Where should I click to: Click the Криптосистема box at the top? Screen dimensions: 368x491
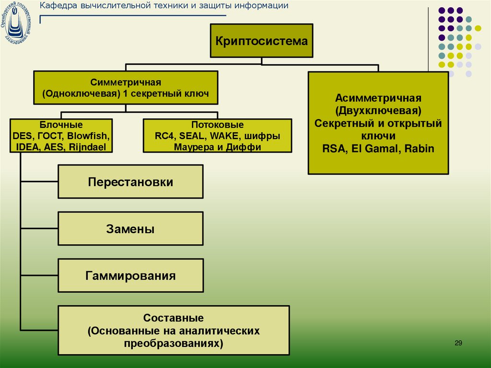(x=261, y=41)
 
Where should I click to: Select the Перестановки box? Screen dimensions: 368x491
(x=130, y=182)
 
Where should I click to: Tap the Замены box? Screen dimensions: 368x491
(x=130, y=229)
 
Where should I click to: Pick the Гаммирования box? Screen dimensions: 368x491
(x=130, y=276)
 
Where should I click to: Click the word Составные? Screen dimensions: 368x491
(x=174, y=318)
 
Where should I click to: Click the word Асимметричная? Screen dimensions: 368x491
(x=378, y=98)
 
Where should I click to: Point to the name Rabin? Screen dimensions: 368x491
(x=418, y=149)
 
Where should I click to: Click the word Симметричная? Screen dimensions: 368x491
(x=126, y=82)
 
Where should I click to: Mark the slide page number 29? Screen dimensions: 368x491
(x=458, y=343)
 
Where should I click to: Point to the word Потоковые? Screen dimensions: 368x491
(x=218, y=125)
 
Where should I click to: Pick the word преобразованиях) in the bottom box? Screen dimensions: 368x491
(x=174, y=343)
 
